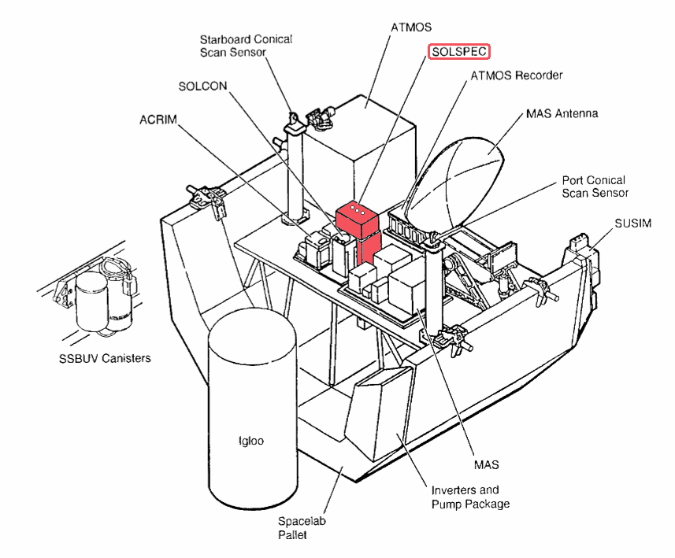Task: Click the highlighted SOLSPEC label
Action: tap(459, 52)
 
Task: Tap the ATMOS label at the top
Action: tap(411, 27)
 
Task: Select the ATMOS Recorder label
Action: tap(516, 76)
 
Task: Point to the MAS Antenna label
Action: tap(562, 113)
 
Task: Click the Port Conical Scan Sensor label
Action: tap(595, 187)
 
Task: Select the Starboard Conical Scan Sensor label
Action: tap(246, 46)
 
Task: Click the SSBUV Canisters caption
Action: tap(105, 359)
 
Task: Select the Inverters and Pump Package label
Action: tap(470, 497)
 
